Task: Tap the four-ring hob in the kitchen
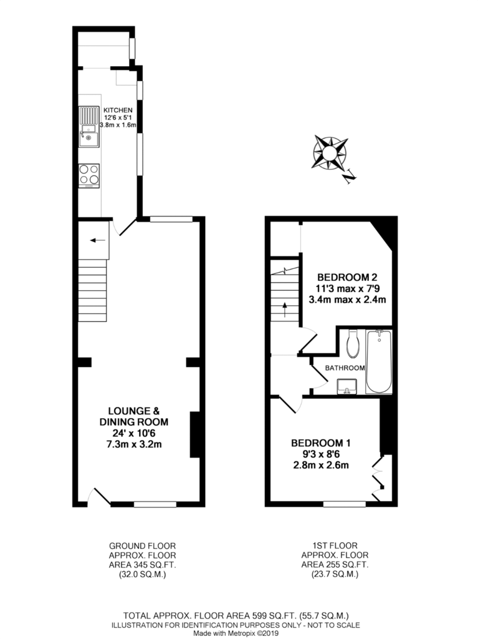point(89,175)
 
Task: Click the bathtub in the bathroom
point(379,362)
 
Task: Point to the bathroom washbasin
point(347,386)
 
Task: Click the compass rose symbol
point(330,153)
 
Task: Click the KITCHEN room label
point(118,110)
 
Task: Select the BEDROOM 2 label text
point(347,278)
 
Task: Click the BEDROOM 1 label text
point(321,443)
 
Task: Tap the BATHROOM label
point(345,368)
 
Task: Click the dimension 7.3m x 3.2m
point(134,444)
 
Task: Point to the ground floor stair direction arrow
point(98,240)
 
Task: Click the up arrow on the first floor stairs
point(285,310)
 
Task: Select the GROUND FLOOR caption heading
point(143,545)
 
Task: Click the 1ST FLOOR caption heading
point(335,545)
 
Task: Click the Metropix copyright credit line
point(236,634)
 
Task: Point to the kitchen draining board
point(88,115)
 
